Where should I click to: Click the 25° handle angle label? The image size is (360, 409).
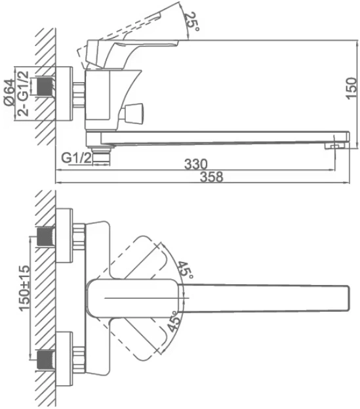(192, 22)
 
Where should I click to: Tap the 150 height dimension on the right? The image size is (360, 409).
(351, 88)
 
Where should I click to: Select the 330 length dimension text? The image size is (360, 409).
(196, 164)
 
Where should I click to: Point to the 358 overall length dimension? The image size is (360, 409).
(212, 177)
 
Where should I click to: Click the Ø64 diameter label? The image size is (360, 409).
(9, 92)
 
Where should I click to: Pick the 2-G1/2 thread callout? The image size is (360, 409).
(23, 93)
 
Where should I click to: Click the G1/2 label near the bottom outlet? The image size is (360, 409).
(77, 158)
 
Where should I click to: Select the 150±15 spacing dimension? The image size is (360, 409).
(24, 288)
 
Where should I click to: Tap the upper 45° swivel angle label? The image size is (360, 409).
(186, 270)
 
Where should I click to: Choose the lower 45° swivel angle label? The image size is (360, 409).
(174, 322)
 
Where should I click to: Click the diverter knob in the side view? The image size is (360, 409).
(132, 112)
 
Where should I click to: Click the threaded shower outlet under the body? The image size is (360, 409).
(102, 156)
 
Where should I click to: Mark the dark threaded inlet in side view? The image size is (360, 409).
(47, 87)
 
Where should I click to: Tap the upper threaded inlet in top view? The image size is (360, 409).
(46, 236)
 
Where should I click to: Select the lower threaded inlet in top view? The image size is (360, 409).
(46, 360)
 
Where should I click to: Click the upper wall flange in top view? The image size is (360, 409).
(64, 236)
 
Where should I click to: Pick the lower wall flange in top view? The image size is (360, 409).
(64, 359)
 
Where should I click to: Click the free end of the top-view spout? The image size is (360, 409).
(348, 298)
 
